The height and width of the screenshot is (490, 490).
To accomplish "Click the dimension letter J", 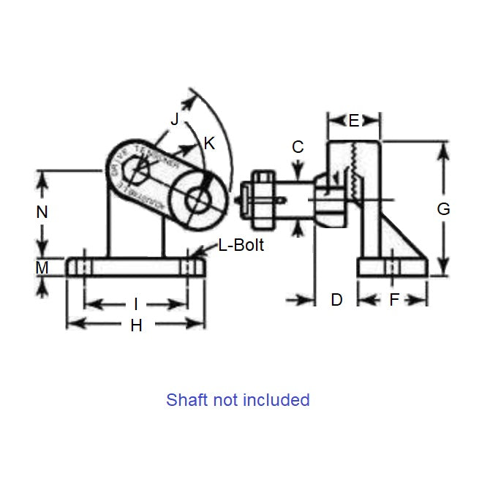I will coord(174,119).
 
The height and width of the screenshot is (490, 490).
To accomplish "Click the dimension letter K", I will coord(209,143).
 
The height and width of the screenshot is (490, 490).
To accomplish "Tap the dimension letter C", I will coord(298,147).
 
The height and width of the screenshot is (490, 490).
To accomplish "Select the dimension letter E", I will coord(354,121).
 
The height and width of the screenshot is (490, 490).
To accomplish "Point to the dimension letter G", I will coord(443,209).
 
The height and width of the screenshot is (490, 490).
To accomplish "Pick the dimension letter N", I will coord(42,212).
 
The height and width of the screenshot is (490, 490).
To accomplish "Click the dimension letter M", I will coord(42,268).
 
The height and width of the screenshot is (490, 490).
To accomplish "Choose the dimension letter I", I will coord(135,304).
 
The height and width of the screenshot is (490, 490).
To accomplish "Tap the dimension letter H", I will coord(136,326).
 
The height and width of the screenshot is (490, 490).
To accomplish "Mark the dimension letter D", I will coord(336,300).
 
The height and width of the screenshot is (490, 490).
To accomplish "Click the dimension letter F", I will coord(393,300).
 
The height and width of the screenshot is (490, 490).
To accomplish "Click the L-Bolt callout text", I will coord(241,246).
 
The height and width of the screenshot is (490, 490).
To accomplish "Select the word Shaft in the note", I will coord(186,400).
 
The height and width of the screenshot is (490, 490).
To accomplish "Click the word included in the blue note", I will coord(276,400).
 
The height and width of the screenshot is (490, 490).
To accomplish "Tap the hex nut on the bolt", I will coord(262,198).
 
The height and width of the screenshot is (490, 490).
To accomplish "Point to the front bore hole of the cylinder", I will coord(197,200).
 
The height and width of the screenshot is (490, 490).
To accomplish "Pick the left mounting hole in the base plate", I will coord(82,266).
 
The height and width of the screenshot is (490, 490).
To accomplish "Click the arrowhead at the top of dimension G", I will coord(443,147).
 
